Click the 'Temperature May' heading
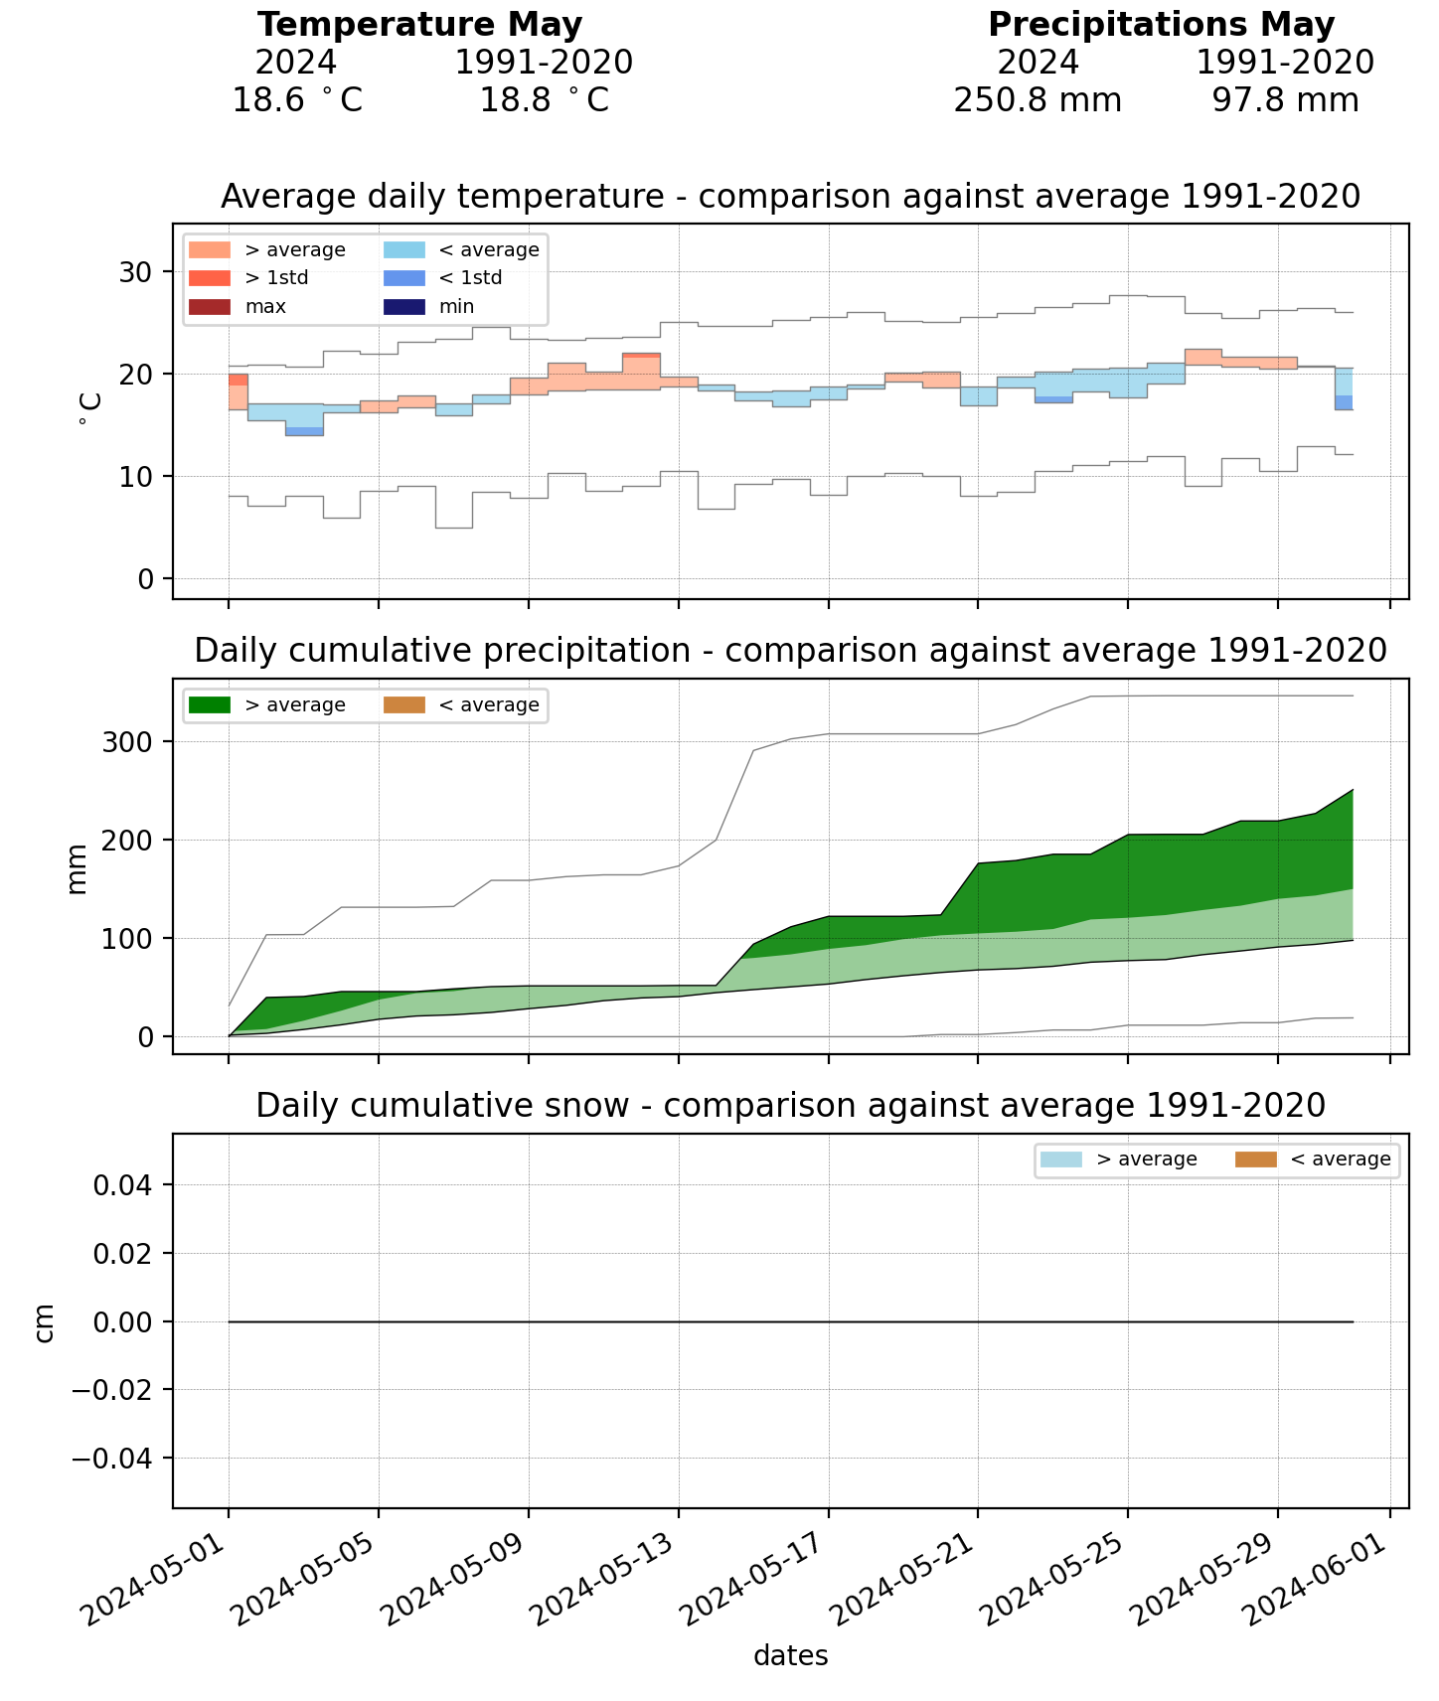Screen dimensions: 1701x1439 coord(419,25)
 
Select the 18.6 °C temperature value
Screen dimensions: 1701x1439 coord(297,100)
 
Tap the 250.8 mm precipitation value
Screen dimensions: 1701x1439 coord(1038,100)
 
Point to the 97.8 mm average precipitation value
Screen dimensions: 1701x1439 coord(1285,100)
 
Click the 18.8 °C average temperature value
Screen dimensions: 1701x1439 coord(544,100)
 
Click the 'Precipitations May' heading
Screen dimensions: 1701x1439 coord(1161,25)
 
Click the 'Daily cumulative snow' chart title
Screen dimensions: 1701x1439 coord(790,1105)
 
